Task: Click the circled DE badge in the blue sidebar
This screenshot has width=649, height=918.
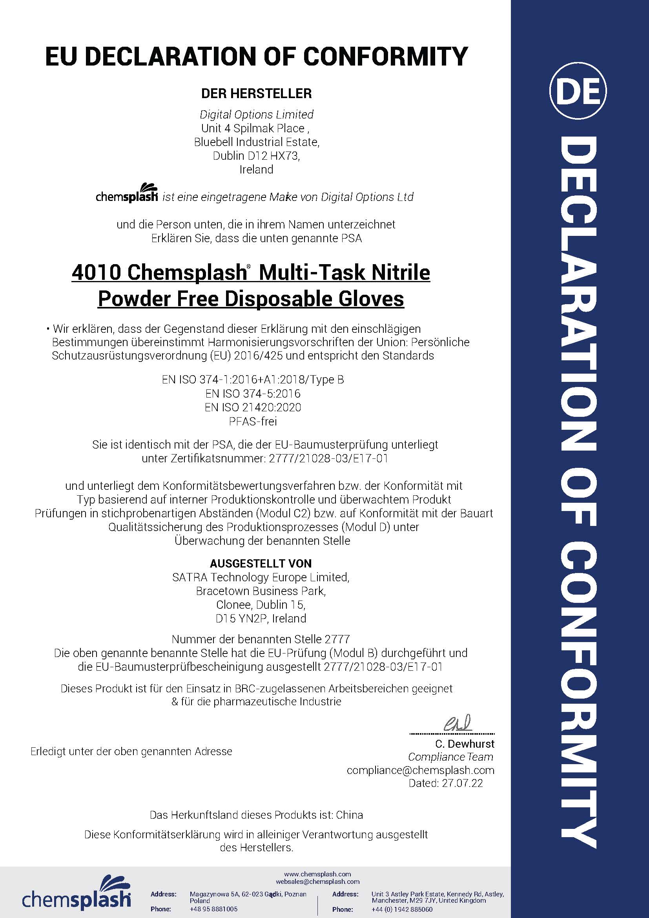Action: pyautogui.click(x=578, y=91)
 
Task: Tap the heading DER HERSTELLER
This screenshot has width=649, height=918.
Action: pyautogui.click(x=256, y=93)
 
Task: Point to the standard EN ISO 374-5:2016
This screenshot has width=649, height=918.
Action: pyautogui.click(x=253, y=394)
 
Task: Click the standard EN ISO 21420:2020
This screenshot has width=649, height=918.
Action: pyautogui.click(x=253, y=407)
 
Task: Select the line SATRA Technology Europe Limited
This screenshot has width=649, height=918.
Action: pyautogui.click(x=261, y=577)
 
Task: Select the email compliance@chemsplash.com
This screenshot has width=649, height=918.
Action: pyautogui.click(x=420, y=770)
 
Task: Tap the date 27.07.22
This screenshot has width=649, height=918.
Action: pyautogui.click(x=462, y=783)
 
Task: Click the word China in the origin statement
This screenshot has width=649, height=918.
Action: pyautogui.click(x=349, y=815)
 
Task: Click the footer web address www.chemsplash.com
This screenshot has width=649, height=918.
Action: pyautogui.click(x=317, y=874)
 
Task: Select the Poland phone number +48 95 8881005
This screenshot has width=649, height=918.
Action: pyautogui.click(x=213, y=909)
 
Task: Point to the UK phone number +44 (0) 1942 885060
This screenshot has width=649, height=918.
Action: pyautogui.click(x=402, y=909)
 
